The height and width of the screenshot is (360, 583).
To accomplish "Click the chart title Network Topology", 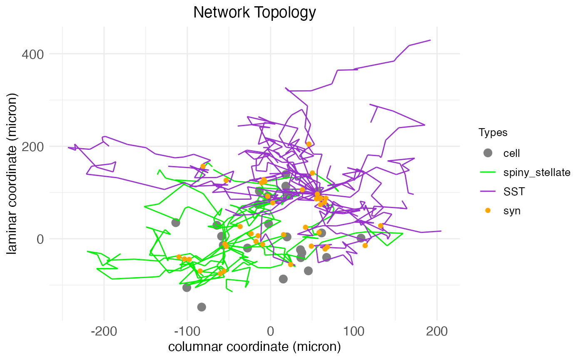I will [254, 12].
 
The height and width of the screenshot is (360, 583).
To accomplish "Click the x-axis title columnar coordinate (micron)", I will [254, 347].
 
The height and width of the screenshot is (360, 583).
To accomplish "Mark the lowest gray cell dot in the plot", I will [202, 307].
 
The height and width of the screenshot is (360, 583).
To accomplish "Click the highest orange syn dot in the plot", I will [309, 144].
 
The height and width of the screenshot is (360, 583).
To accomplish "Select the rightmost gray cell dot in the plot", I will [361, 238].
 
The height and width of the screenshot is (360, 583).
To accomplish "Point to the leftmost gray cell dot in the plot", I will [176, 223].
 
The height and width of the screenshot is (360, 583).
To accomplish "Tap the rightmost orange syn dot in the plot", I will [381, 226].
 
